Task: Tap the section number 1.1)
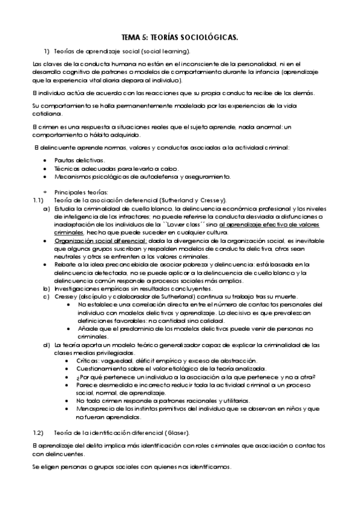37,199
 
